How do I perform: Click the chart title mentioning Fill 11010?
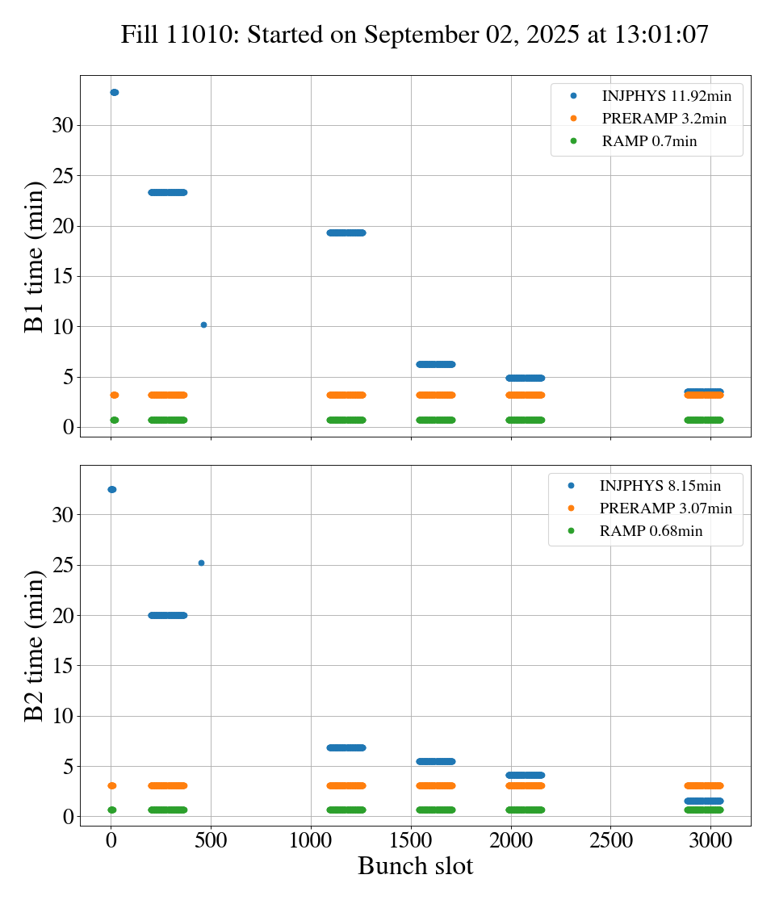tap(414, 35)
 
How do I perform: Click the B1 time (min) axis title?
tap(35, 256)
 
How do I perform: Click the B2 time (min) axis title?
tap(35, 646)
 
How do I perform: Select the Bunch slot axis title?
tap(415, 866)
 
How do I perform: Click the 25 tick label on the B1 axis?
tap(64, 176)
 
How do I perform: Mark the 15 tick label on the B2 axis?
tap(64, 666)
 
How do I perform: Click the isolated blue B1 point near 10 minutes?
tap(203, 324)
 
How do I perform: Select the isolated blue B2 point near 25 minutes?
tap(201, 563)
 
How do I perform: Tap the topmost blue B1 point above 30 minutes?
tap(114, 92)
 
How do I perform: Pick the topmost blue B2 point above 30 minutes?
tap(111, 489)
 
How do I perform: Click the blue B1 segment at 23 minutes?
tap(168, 192)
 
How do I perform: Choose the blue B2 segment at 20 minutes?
tap(168, 615)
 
